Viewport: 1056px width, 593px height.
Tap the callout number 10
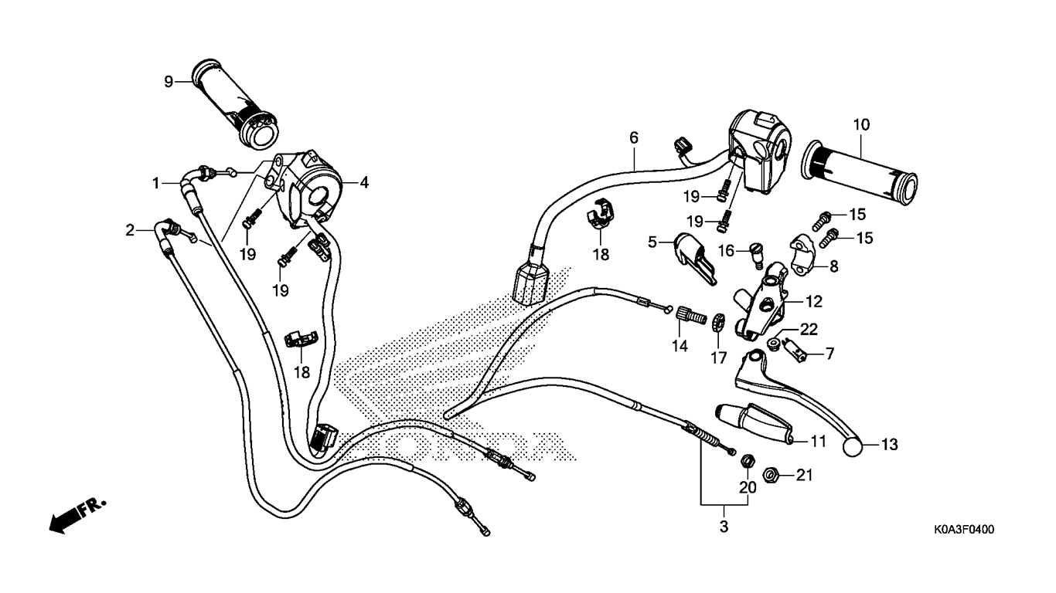861,124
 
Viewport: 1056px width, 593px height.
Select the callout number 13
890,445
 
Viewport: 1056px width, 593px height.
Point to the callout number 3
724,528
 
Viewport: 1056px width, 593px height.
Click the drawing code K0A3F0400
962,530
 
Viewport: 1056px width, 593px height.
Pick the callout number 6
634,137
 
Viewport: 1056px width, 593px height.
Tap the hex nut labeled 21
770,474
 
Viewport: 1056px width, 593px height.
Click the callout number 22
809,329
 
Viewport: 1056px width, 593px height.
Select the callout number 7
829,354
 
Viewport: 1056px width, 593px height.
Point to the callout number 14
679,347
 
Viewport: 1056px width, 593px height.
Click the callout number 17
719,357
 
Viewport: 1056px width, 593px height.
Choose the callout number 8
834,266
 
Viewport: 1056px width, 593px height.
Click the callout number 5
652,242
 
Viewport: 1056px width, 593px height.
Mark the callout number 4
363,182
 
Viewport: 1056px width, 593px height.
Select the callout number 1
155,183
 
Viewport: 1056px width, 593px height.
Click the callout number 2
130,229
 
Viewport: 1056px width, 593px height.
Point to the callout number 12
814,301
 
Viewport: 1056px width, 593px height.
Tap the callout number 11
819,442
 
